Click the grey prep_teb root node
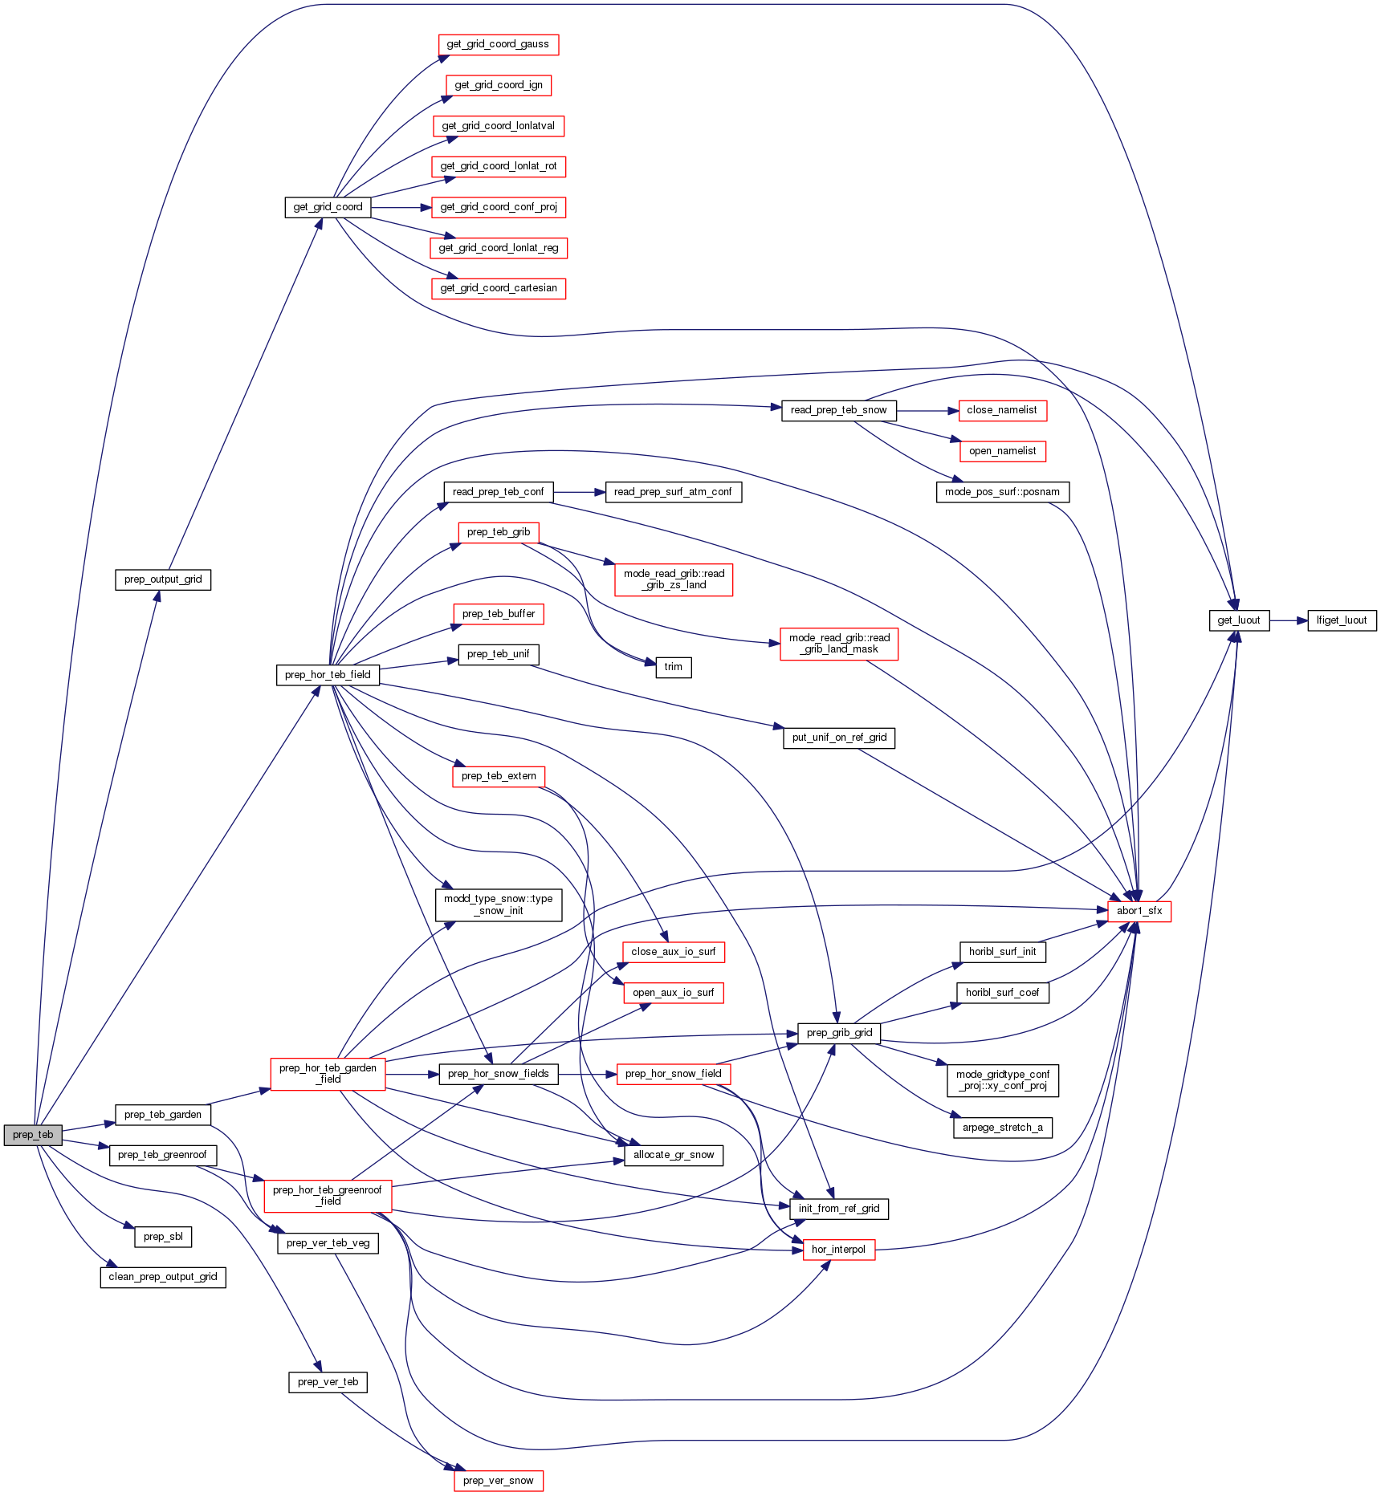(33, 1135)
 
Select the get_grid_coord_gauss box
(498, 45)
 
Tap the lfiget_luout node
(1342, 620)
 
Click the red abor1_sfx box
(1139, 911)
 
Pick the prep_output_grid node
(163, 579)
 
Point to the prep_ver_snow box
(498, 1481)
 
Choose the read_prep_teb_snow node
(838, 410)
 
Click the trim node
(673, 667)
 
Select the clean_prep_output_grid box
(163, 1277)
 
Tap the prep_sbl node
(163, 1237)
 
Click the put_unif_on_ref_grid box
(839, 738)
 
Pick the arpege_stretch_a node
(1002, 1128)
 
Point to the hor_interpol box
(838, 1250)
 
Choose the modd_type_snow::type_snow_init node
(498, 905)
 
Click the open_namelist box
(1002, 451)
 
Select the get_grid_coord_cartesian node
(498, 288)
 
